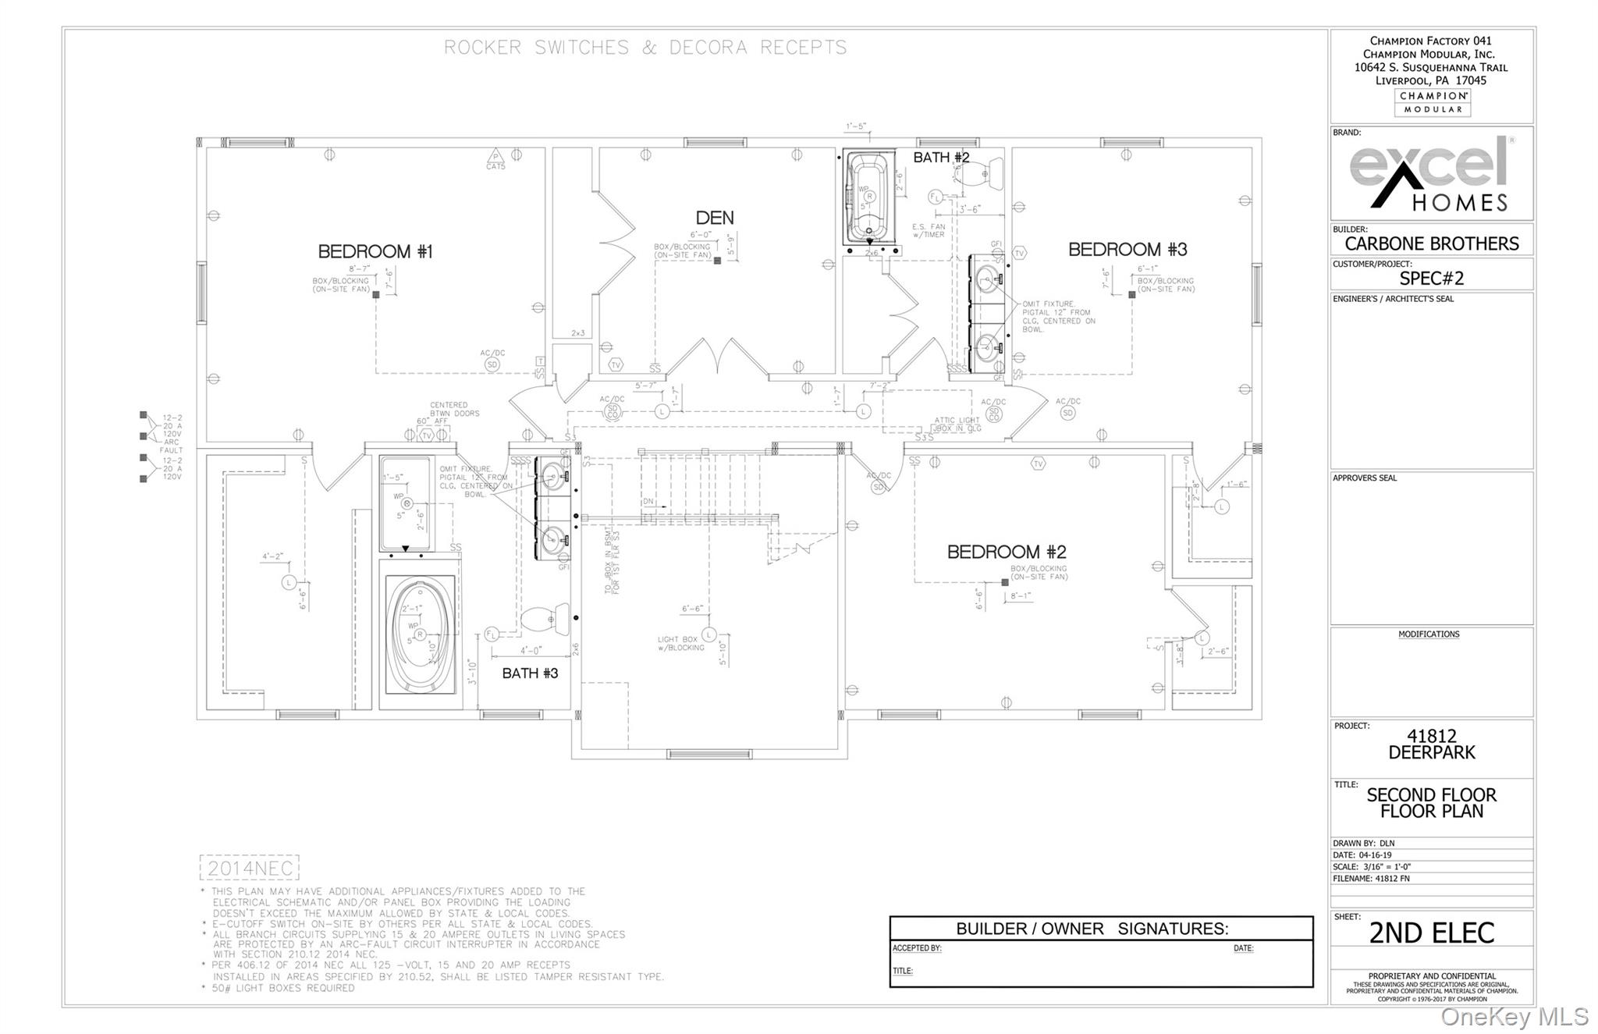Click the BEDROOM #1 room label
point(375,251)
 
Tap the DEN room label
point(715,218)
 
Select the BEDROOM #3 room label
point(1127,250)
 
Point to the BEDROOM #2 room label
point(1006,552)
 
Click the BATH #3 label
point(530,673)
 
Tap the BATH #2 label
point(941,158)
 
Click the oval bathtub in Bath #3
point(420,634)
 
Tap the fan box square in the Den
point(717,261)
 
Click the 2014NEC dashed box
point(250,868)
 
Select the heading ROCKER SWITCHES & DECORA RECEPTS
point(645,48)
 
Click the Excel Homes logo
point(1431,174)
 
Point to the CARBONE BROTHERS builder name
point(1431,243)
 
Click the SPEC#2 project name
point(1431,279)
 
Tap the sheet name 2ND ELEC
point(1431,933)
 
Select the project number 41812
point(1431,735)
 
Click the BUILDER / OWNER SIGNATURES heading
point(1092,929)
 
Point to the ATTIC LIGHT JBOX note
point(957,425)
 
